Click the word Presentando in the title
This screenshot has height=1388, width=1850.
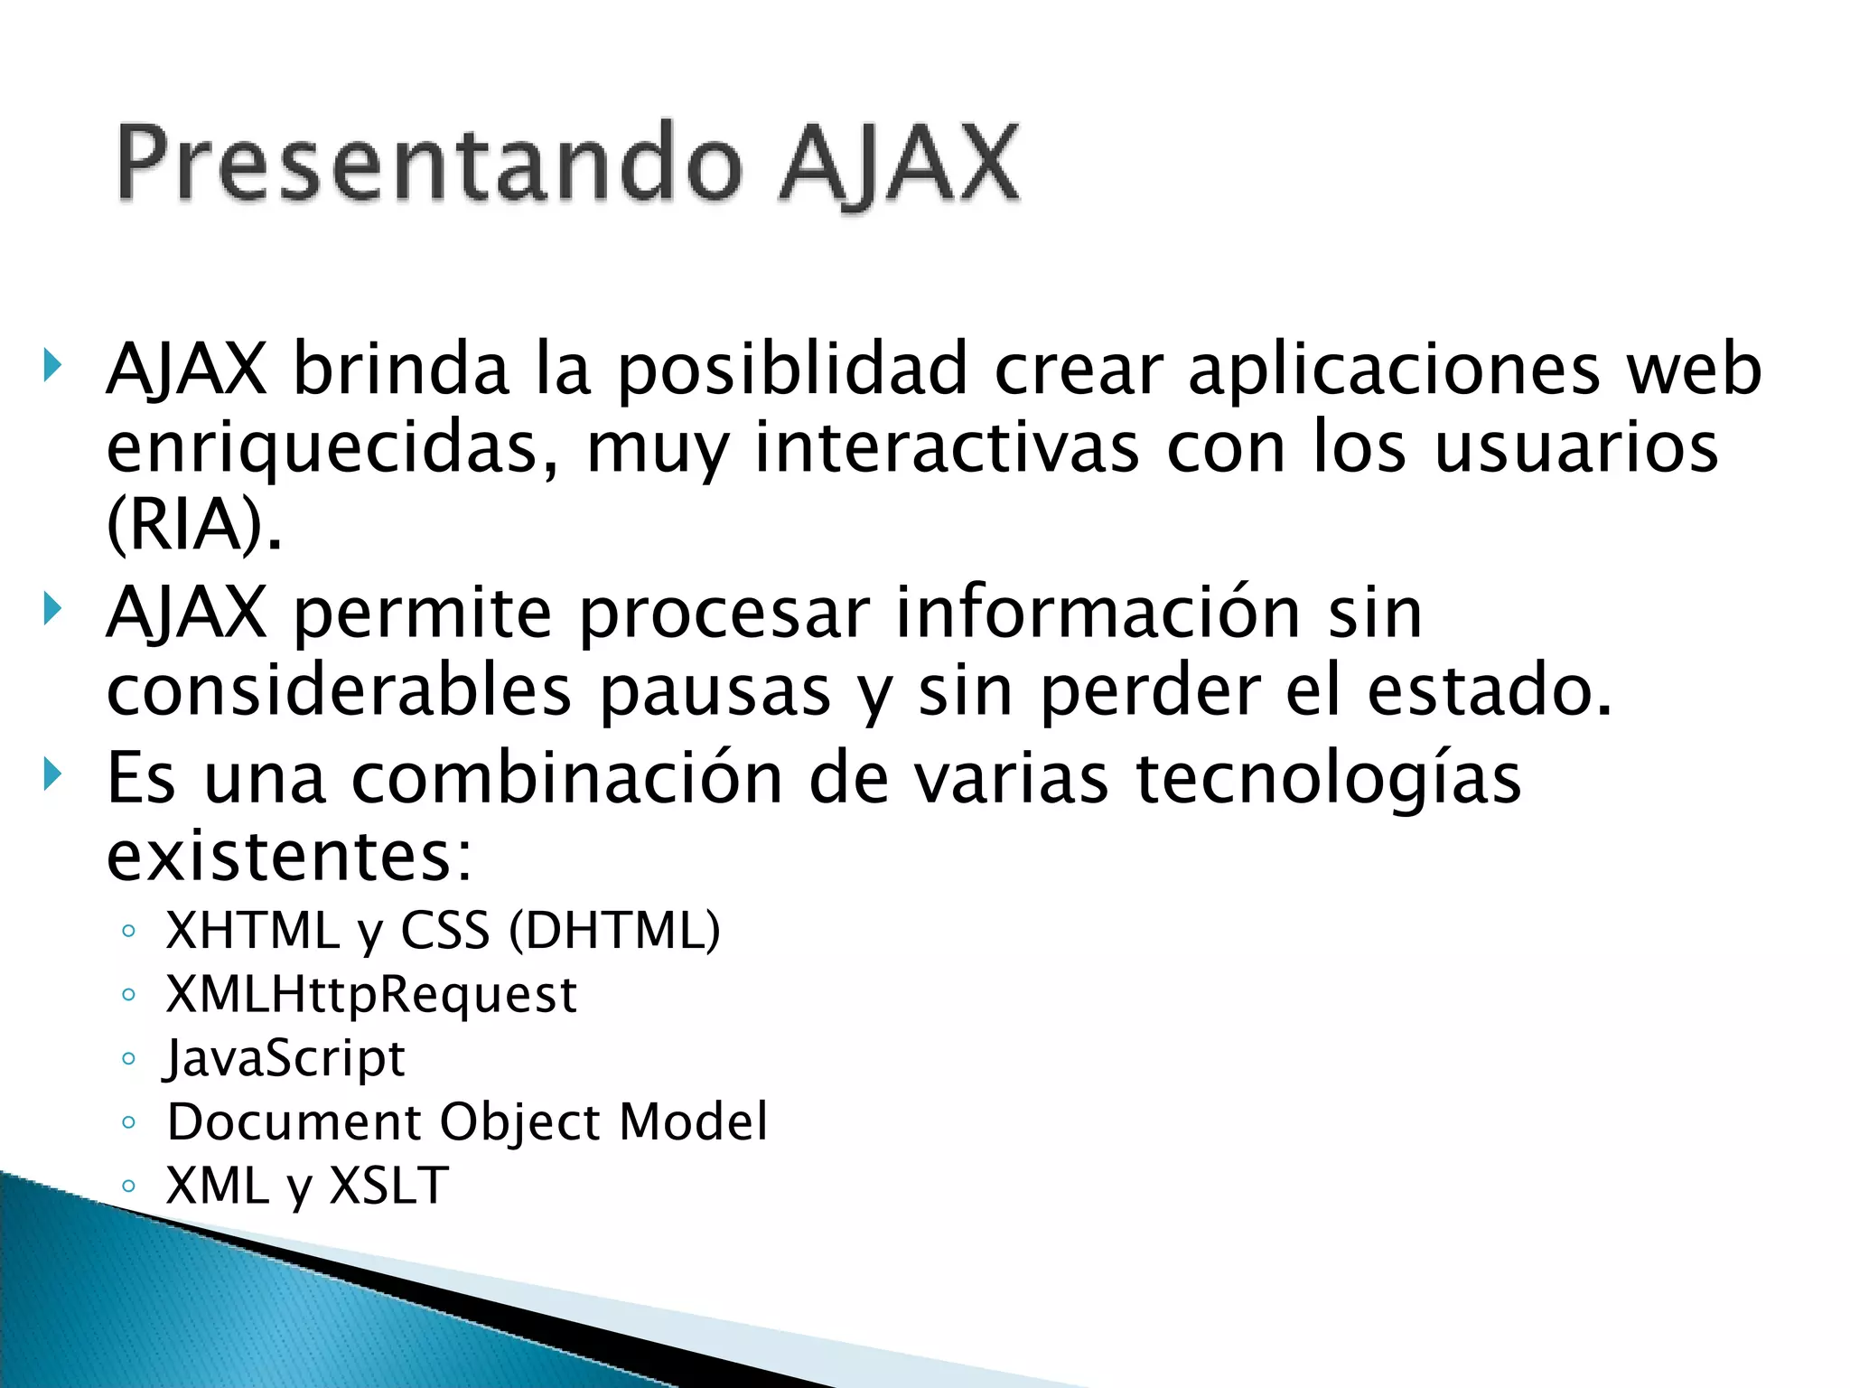point(429,165)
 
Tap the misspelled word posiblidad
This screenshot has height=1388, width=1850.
point(793,370)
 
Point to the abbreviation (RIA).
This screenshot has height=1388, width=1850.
point(193,525)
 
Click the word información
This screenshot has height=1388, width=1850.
point(1098,614)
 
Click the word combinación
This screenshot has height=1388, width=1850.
point(566,778)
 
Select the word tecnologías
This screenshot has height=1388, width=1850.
point(1328,778)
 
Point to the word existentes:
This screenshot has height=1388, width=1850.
point(289,856)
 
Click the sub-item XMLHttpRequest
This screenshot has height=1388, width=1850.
point(371,995)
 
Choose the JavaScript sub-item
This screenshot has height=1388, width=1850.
point(285,1058)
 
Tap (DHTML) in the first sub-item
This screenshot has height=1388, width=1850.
point(614,931)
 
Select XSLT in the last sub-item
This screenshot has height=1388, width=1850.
point(388,1186)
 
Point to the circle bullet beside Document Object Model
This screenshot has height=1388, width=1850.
point(128,1123)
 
